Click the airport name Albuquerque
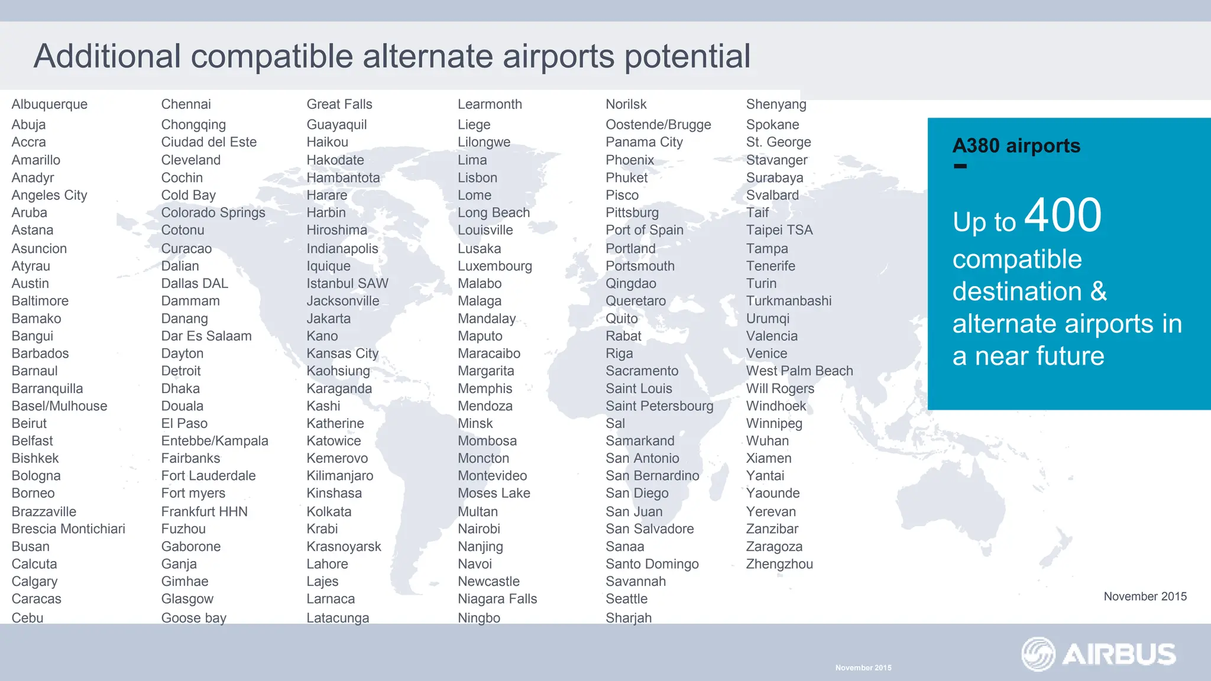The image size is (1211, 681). pyautogui.click(x=50, y=105)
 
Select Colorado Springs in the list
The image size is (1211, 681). pyautogui.click(x=213, y=213)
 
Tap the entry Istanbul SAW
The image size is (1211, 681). pyautogui.click(x=347, y=284)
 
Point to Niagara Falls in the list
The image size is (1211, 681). pyautogui.click(x=497, y=599)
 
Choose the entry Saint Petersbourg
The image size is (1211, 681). pyautogui.click(x=659, y=406)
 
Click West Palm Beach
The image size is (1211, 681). pyautogui.click(x=799, y=371)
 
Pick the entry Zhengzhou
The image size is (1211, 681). pyautogui.click(x=779, y=564)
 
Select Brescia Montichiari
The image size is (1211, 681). pyautogui.click(x=69, y=529)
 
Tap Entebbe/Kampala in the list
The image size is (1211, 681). pyautogui.click(x=215, y=441)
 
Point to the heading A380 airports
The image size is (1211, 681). pyautogui.click(x=1016, y=145)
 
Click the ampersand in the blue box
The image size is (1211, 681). pyautogui.click(x=1098, y=291)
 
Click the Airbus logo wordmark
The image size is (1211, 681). pyautogui.click(x=1119, y=654)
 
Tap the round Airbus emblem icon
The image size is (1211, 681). pyautogui.click(x=1038, y=654)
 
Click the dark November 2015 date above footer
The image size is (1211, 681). pyautogui.click(x=1145, y=596)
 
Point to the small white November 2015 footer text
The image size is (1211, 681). pyautogui.click(x=863, y=668)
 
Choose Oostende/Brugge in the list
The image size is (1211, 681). pyautogui.click(x=658, y=125)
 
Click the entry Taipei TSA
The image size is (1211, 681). pyautogui.click(x=779, y=230)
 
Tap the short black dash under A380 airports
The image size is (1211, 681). pyautogui.click(x=960, y=167)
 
